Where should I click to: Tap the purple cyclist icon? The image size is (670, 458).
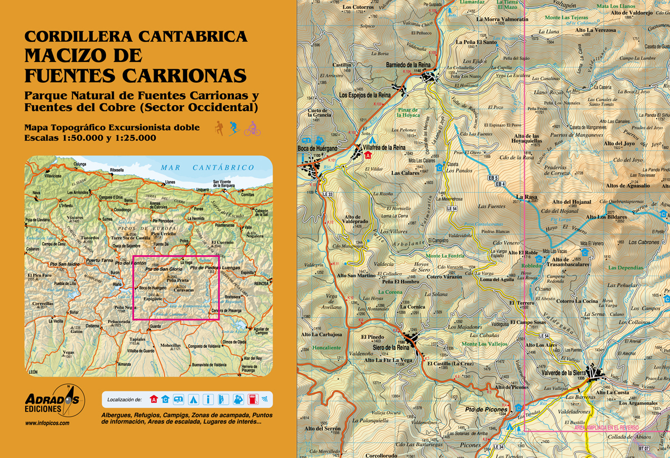pyautogui.click(x=252, y=128)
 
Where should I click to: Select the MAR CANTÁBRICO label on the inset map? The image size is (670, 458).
pyautogui.click(x=207, y=168)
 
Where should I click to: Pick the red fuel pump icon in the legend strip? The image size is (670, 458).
pyautogui.click(x=252, y=399)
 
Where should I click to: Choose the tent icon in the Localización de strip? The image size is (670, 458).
pyautogui.click(x=193, y=399)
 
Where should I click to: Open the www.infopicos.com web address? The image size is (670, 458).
pyautogui.click(x=47, y=423)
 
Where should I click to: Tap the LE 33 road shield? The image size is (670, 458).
pyautogui.click(x=327, y=194)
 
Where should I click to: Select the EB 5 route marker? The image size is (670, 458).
pyautogui.click(x=492, y=178)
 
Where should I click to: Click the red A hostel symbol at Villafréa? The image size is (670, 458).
pyautogui.click(x=368, y=156)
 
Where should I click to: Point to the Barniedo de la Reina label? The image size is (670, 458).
pyautogui.click(x=409, y=64)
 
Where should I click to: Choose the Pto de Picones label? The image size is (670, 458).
pyautogui.click(x=486, y=409)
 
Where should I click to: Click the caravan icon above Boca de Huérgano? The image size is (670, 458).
pyautogui.click(x=307, y=140)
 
